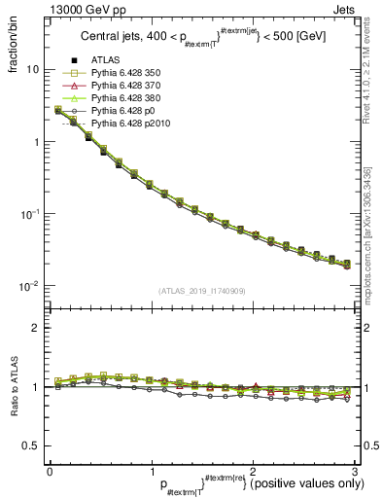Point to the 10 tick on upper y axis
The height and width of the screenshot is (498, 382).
click(x=32, y=70)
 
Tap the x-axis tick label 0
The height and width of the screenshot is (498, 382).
click(x=50, y=471)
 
